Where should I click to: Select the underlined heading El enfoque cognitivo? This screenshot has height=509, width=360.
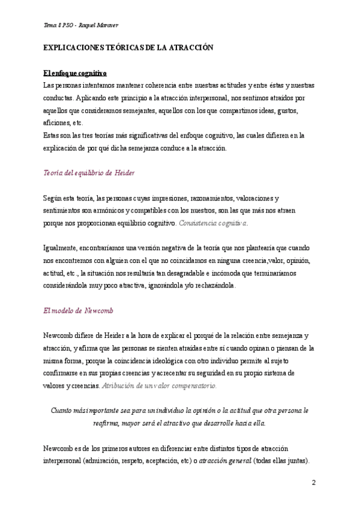75,73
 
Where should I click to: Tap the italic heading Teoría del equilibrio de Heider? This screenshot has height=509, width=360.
89,173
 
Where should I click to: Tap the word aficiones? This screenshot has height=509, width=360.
57,122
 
